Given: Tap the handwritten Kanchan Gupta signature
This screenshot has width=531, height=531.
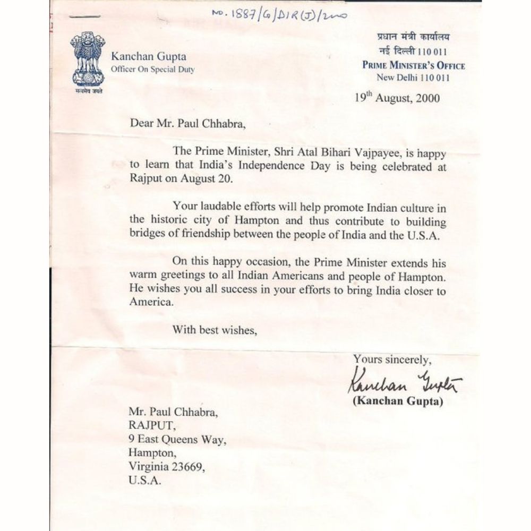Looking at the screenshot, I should point(405,381).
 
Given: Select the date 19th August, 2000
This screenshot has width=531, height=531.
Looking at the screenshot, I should point(397,98).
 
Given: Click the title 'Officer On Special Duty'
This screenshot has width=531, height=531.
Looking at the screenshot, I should point(152,70).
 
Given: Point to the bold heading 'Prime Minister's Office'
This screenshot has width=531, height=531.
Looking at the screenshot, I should point(413,66).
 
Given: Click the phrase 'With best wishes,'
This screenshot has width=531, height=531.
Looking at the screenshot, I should point(215,330).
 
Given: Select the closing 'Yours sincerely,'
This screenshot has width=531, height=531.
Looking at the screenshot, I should point(392,359).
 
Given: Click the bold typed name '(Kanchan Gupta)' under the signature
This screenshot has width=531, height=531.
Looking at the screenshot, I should point(398,402).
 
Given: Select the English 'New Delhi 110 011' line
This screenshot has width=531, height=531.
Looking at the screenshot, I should point(413,78).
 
